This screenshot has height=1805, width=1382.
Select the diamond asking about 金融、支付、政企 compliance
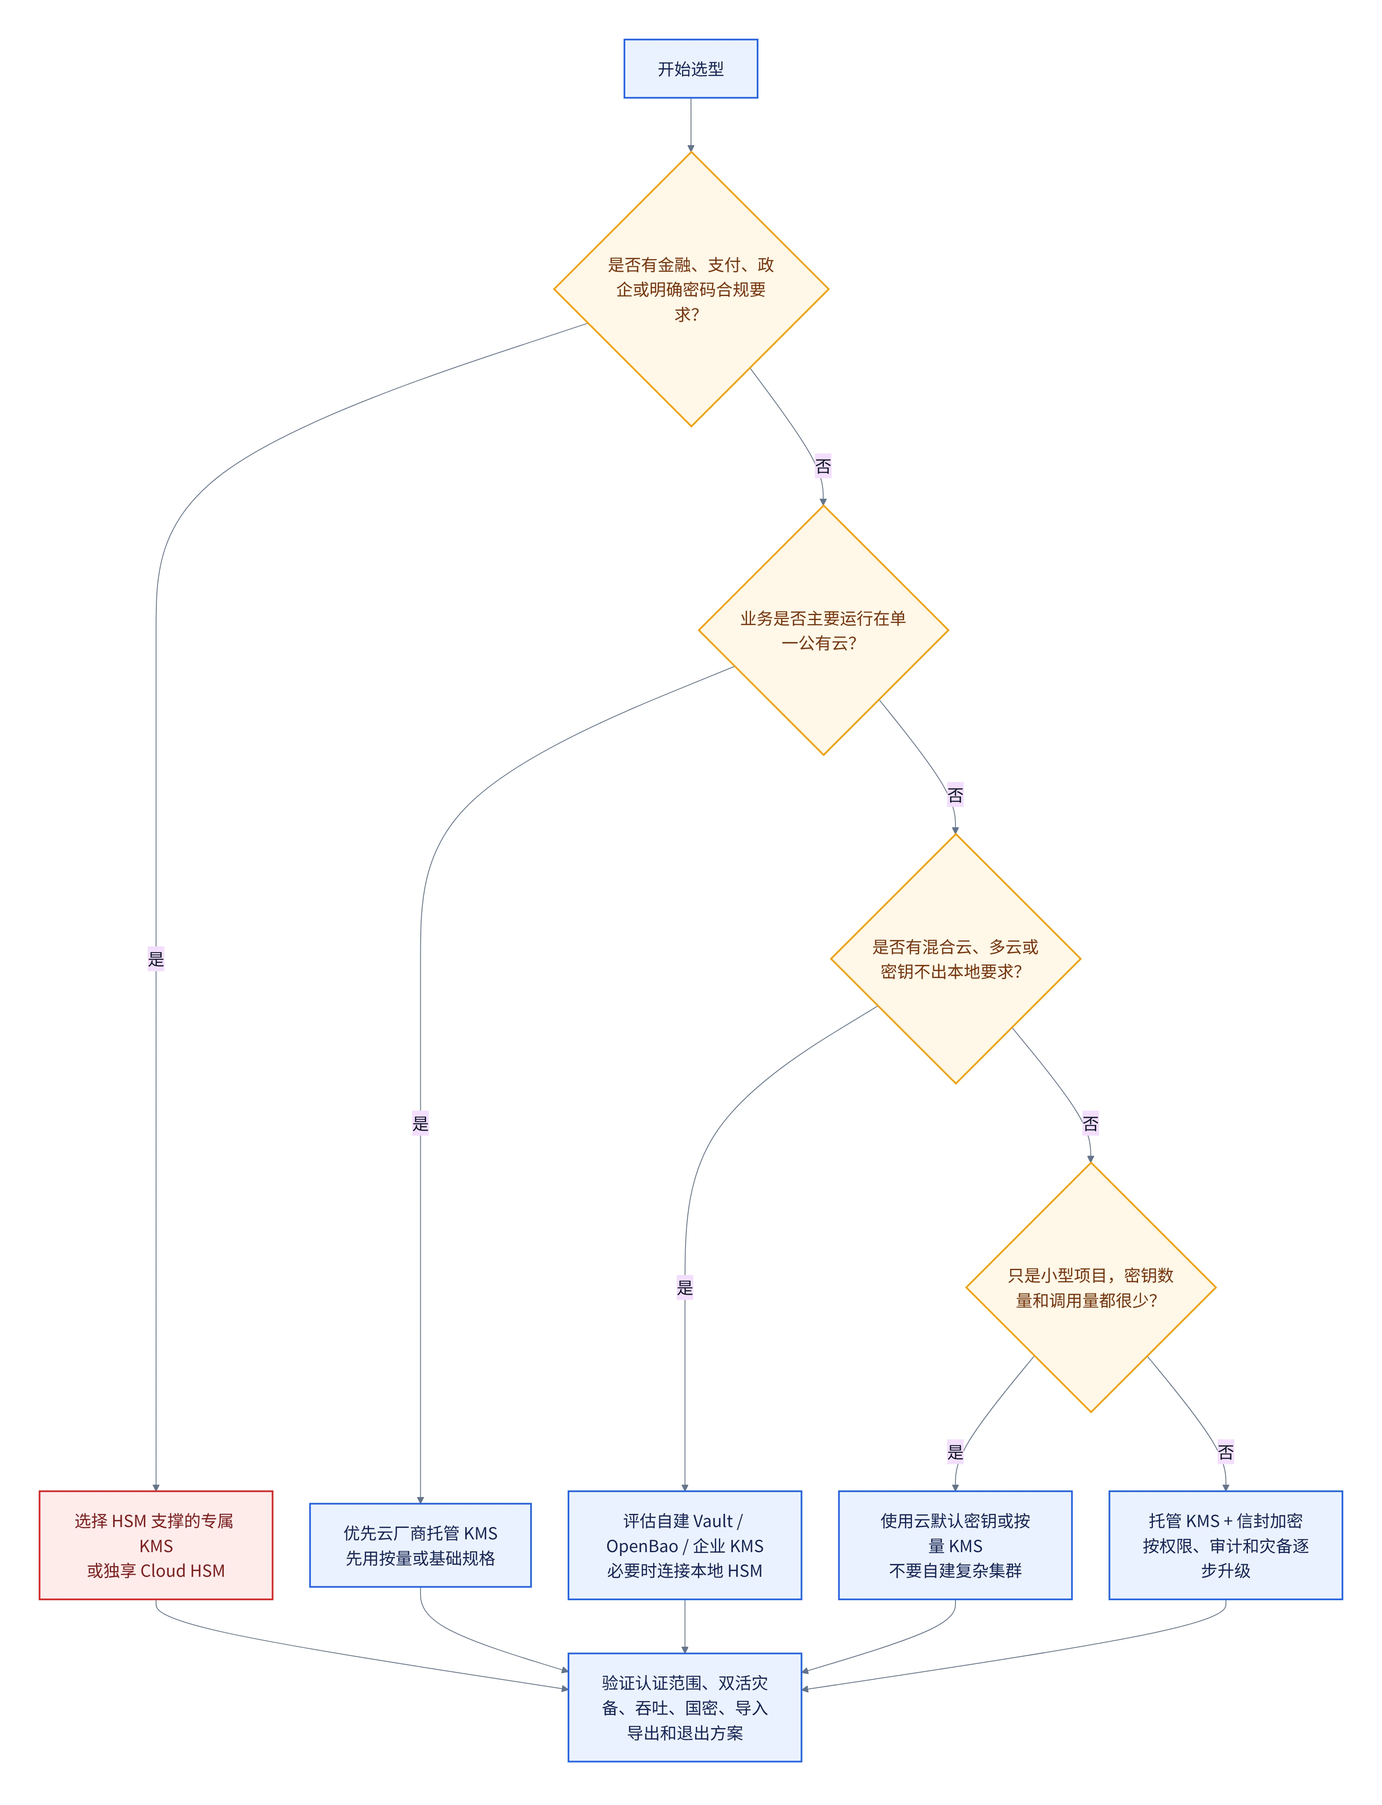coord(691,289)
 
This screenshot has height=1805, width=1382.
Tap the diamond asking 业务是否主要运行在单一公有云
coord(823,630)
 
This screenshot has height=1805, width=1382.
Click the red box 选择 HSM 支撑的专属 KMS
coord(156,1545)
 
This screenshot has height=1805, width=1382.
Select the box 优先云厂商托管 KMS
coord(420,1545)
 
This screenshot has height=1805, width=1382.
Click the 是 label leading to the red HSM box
coord(156,959)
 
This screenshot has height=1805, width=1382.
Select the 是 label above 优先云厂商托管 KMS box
coord(420,1123)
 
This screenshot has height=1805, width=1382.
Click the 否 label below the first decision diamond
coord(823,466)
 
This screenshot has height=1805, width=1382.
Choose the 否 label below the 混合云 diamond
coord(1091,1123)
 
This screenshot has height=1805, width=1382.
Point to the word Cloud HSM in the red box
coord(183,1571)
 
